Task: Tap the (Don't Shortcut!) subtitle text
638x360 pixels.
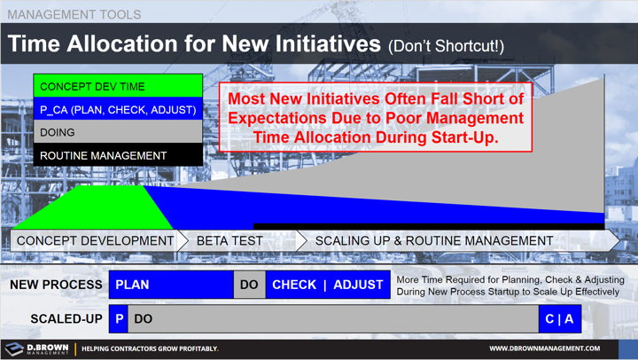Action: pos(446,46)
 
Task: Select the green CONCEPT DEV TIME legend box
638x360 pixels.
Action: pos(117,87)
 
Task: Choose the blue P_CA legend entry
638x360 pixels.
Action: pos(117,110)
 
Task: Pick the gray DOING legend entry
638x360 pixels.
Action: pos(117,132)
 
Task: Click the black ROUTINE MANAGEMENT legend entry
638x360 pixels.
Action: pos(117,155)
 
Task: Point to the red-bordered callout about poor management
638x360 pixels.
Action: pos(375,118)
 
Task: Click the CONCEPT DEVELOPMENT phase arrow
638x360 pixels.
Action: pos(95,240)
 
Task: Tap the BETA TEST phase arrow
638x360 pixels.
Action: pos(235,240)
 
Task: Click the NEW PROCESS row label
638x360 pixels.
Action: pos(56,285)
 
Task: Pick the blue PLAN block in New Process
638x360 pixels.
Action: pos(171,285)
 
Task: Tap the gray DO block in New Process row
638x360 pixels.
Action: pos(250,285)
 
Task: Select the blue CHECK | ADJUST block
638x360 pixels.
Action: pos(328,285)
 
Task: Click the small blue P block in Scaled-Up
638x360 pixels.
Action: pos(119,318)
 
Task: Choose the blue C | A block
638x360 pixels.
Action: pos(559,318)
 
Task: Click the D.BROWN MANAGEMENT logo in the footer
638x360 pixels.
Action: pos(37,348)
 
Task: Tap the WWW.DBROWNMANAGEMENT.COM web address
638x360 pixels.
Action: pos(544,348)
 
